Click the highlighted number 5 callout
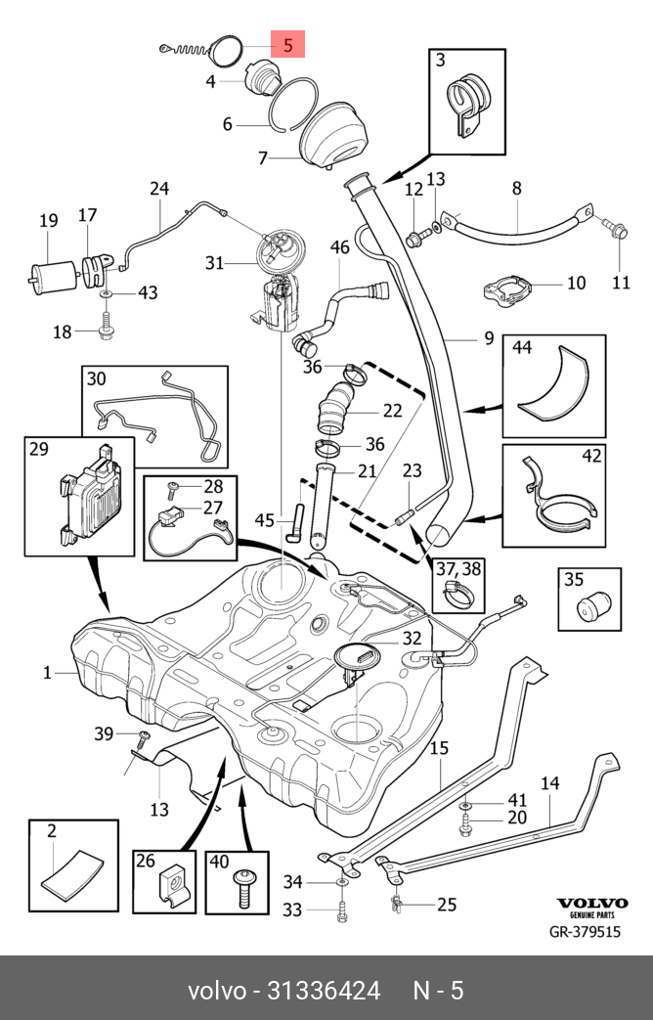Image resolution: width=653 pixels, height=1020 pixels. click(x=288, y=44)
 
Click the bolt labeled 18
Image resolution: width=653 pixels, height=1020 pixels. click(x=105, y=327)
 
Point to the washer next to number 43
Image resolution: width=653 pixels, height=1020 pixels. click(x=105, y=294)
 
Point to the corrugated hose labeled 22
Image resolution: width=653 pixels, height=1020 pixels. click(x=336, y=407)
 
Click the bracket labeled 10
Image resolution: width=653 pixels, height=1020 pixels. click(x=509, y=289)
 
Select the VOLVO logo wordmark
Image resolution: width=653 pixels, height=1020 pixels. click(x=591, y=903)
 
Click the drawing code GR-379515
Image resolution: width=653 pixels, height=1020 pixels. click(x=586, y=932)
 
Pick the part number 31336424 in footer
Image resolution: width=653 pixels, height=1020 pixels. click(x=324, y=991)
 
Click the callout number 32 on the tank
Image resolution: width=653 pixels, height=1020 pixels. click(x=412, y=639)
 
